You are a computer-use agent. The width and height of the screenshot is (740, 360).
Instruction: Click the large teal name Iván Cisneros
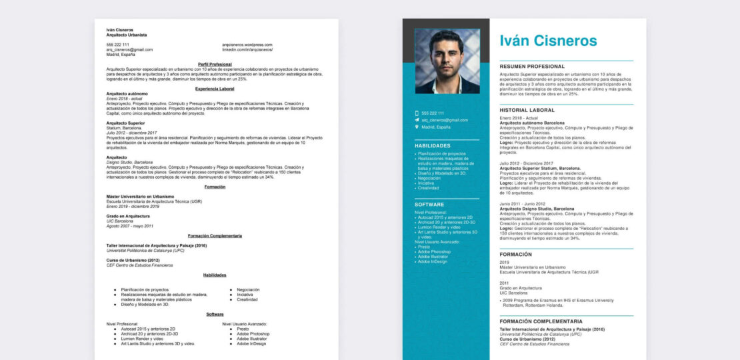(x=548, y=41)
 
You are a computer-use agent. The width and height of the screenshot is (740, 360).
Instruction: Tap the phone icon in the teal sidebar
(x=417, y=113)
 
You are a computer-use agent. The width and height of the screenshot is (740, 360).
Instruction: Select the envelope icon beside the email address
(x=417, y=120)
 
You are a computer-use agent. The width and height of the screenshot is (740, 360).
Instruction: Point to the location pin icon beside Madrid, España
(x=417, y=127)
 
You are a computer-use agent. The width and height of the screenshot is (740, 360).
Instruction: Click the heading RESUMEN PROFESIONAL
(x=532, y=67)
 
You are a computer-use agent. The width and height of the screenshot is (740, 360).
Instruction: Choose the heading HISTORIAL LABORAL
(x=527, y=110)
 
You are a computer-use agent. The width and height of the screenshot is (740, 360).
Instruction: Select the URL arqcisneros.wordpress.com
(x=247, y=45)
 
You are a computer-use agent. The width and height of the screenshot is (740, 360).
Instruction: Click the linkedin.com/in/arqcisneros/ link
(x=247, y=50)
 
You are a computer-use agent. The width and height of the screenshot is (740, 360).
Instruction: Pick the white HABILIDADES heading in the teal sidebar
(x=432, y=145)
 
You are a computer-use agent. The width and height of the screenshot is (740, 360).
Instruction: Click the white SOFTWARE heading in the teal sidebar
(x=429, y=205)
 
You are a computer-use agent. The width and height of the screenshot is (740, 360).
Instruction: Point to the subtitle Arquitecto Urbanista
(x=127, y=35)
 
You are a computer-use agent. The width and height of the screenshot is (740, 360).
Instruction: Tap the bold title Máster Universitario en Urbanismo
(x=140, y=197)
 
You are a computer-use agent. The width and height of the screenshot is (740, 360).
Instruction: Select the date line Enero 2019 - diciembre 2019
(x=133, y=207)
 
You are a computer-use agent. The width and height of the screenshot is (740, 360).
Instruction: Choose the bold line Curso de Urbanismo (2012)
(x=133, y=260)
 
